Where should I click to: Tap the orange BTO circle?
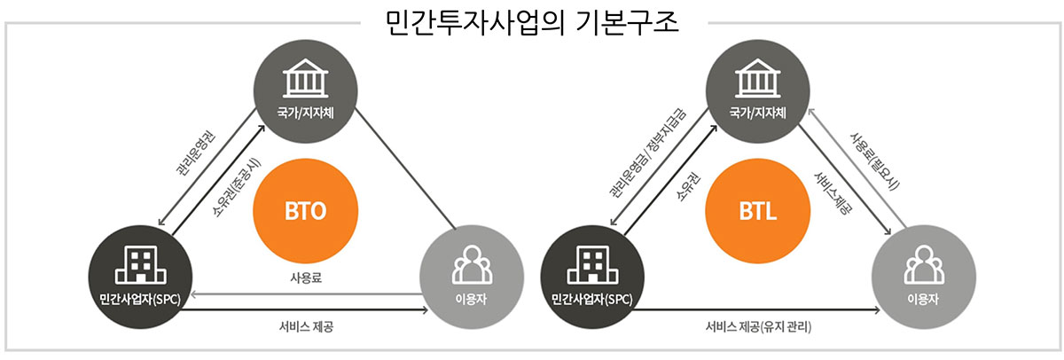(x=305, y=211)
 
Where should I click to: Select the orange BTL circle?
(x=757, y=211)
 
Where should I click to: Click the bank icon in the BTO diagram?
(x=304, y=81)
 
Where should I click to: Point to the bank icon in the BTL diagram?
(x=756, y=81)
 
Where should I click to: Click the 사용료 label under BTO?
(x=305, y=278)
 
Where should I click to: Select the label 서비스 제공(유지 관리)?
(x=759, y=326)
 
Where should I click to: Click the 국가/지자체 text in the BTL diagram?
(x=756, y=113)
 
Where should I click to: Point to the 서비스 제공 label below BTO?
(x=306, y=326)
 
